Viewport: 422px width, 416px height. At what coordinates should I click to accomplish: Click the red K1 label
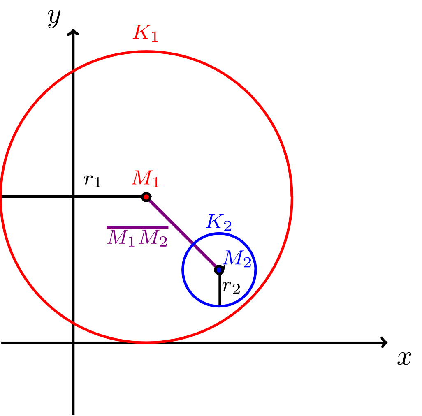[145, 33]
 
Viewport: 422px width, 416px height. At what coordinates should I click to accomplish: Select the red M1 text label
[146, 178]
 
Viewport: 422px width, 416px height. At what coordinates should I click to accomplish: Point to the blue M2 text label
[237, 259]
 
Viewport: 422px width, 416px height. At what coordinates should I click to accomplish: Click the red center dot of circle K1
[146, 197]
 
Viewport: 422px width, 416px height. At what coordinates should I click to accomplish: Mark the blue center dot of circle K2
[219, 269]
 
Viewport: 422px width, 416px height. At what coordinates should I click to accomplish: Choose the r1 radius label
[92, 180]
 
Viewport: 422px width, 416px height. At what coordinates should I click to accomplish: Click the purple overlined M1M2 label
[137, 237]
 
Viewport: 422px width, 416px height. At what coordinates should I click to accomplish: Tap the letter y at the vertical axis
[54, 18]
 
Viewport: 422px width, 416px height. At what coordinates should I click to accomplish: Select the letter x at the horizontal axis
[404, 358]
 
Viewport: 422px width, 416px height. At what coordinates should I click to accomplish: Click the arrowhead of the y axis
[73, 31]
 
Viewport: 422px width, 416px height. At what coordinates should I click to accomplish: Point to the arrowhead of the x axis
[385, 342]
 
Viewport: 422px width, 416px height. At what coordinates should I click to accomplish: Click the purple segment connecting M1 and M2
[183, 233]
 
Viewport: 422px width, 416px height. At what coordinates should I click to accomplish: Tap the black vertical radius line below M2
[220, 288]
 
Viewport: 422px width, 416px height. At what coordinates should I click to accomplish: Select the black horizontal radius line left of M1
[73, 197]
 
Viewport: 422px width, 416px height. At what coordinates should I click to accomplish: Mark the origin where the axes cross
[73, 342]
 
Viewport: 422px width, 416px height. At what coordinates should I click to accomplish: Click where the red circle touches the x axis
[146, 342]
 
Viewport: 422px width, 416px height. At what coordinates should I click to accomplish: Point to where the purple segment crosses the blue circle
[193, 244]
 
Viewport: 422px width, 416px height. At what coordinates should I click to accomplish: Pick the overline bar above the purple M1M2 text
[137, 227]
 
